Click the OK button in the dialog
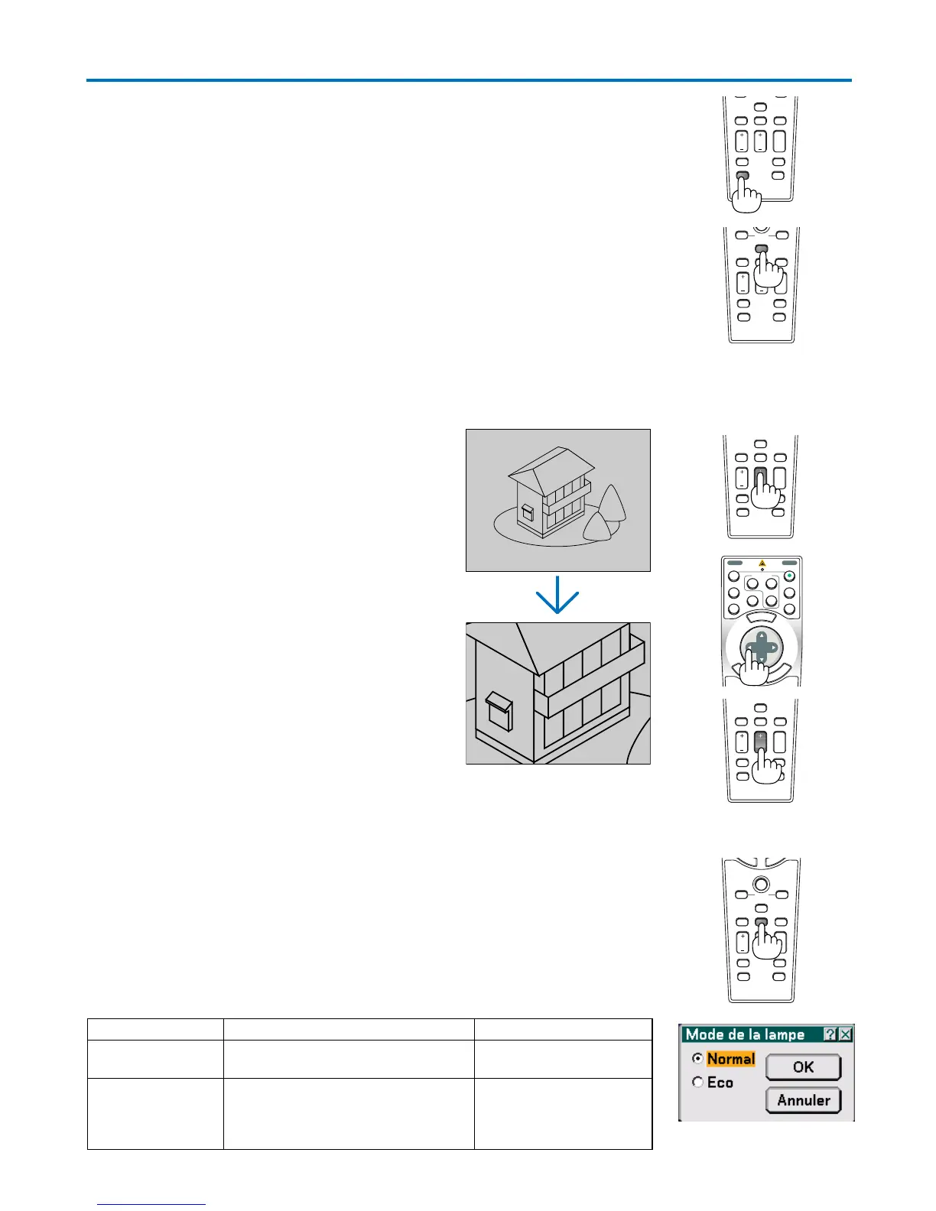click(803, 1067)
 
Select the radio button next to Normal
click(697, 1059)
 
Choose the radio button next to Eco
click(697, 1083)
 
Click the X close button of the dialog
click(845, 1034)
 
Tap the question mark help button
click(830, 1034)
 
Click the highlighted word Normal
click(730, 1059)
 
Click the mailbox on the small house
click(528, 511)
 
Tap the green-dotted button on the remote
click(789, 576)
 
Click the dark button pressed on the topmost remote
click(742, 177)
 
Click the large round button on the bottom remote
click(761, 884)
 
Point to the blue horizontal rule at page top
click(468, 80)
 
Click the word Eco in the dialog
click(720, 1083)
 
